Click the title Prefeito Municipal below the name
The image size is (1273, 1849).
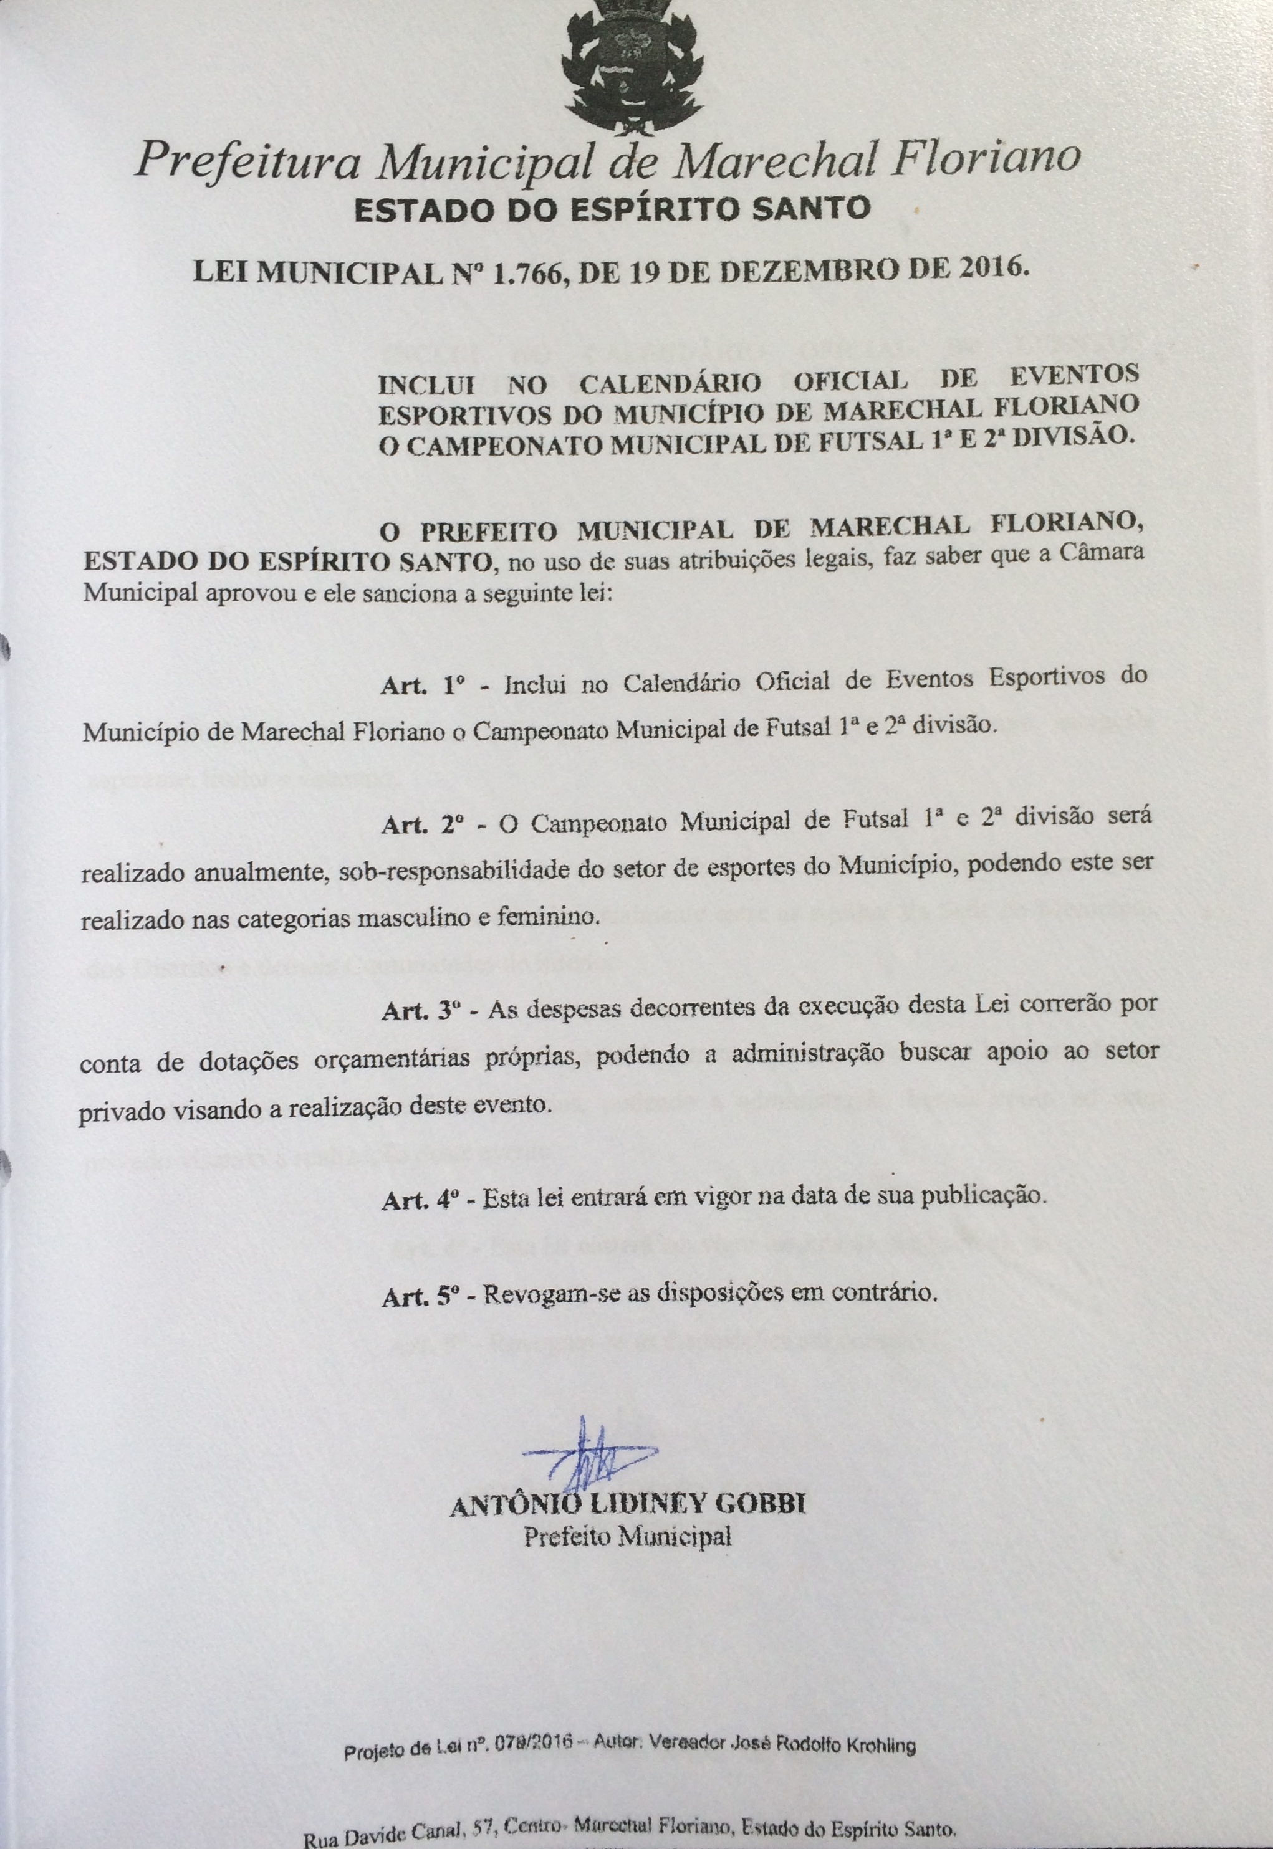click(627, 1536)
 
